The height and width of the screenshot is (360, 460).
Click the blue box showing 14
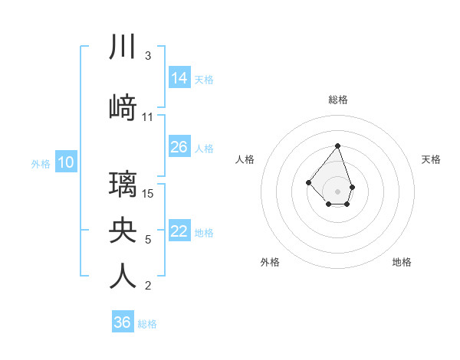coord(179,78)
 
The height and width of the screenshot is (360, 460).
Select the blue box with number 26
coord(179,147)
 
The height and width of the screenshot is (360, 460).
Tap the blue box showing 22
coord(179,231)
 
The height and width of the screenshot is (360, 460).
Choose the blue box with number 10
coord(65,162)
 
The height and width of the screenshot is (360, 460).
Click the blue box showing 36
coord(123,322)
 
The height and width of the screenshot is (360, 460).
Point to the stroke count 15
coord(149,193)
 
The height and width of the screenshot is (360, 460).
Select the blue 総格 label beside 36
coord(147,324)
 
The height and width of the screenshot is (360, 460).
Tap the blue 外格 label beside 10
coord(41,163)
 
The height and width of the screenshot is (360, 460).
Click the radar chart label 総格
coord(337,100)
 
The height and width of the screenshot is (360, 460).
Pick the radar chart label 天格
coord(431,159)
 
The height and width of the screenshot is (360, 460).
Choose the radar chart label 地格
coord(402,262)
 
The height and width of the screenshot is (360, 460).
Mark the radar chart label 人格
coord(245,159)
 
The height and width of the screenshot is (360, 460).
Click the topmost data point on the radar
coord(337,146)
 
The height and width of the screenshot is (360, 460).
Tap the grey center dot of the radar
coord(337,191)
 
